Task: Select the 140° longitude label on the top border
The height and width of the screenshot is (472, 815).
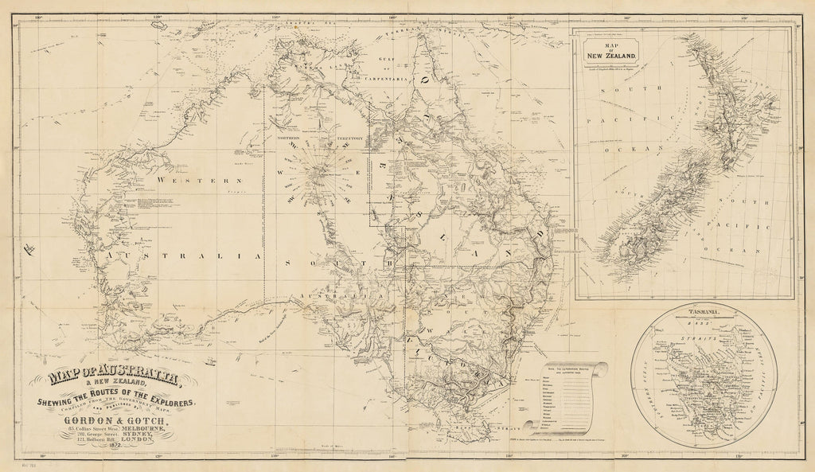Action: coord(392,17)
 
